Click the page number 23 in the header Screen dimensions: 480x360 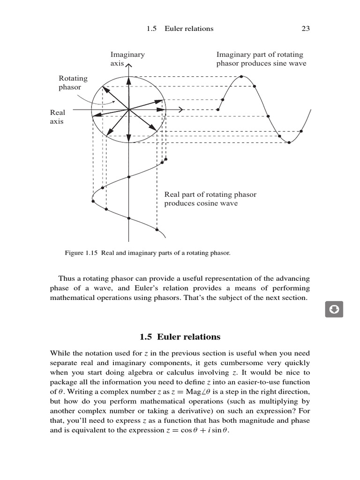coord(306,29)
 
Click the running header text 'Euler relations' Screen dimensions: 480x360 coord(189,29)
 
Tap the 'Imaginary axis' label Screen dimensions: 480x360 coord(127,59)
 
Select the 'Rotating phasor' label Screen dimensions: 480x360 coord(73,82)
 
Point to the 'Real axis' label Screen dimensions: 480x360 coord(57,117)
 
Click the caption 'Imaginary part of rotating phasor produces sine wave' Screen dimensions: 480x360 coord(261,59)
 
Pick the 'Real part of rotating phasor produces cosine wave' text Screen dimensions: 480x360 coord(210,199)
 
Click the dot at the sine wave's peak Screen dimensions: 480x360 coord(241,76)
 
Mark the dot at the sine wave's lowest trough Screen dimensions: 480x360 coord(289,142)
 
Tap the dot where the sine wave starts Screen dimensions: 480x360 coord(218,110)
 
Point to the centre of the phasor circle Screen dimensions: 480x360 coord(128,110)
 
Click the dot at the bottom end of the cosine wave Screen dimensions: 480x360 coord(157,230)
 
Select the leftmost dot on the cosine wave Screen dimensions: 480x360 coord(93,201)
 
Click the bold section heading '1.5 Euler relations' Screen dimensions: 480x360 coord(180,337)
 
